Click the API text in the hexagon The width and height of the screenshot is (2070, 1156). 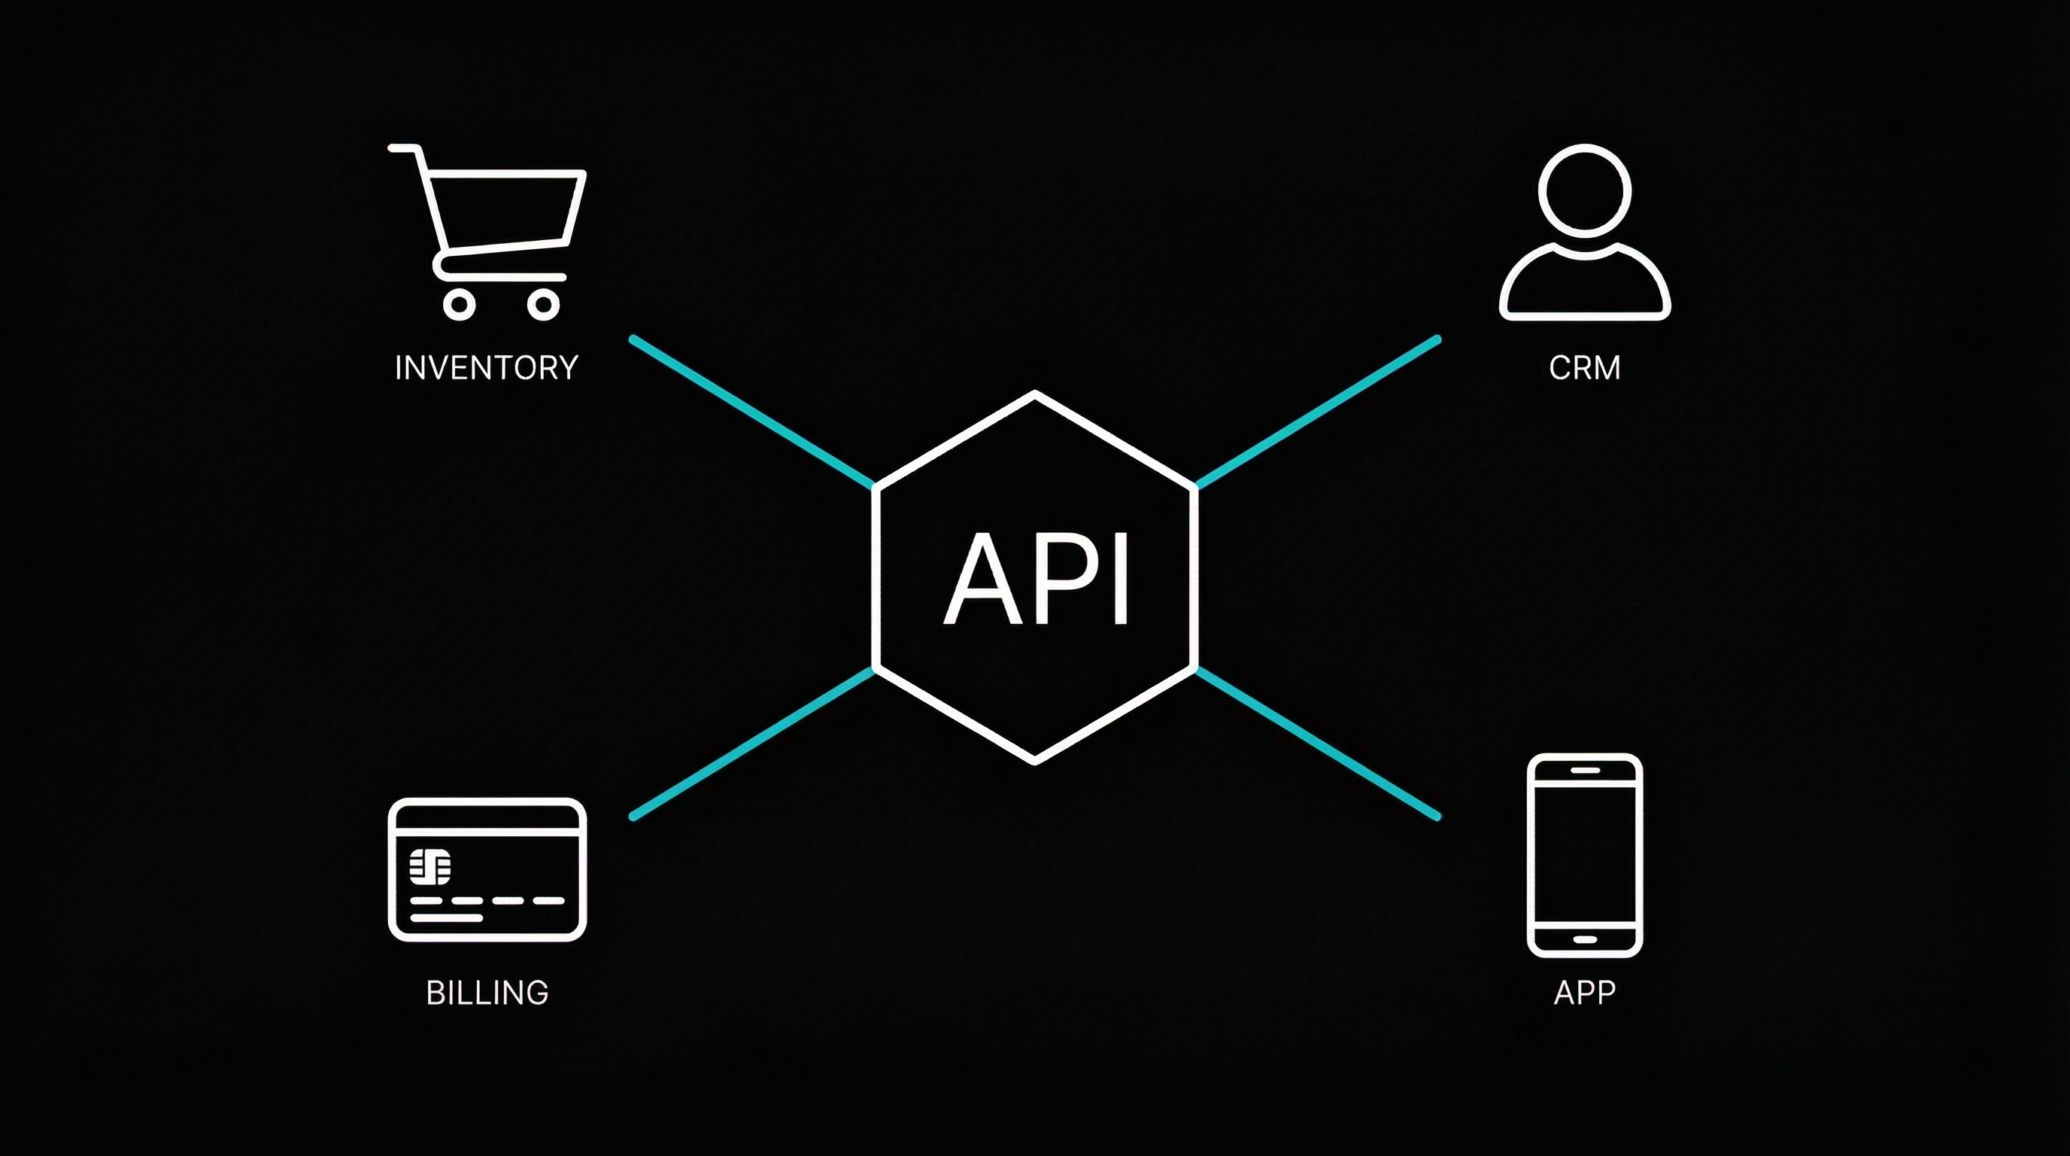coord(1037,579)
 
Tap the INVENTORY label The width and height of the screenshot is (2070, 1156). coord(486,368)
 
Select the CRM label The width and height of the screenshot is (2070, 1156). coord(1584,368)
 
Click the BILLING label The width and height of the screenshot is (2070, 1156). coord(487,993)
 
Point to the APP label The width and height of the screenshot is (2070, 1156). coord(1584,993)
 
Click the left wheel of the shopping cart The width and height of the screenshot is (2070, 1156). coord(459,305)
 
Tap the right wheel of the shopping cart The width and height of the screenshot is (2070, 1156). coord(543,305)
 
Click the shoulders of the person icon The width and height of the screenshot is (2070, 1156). coord(1584,285)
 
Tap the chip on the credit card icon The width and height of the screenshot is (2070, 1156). coord(430,865)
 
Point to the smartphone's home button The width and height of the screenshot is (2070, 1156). coord(1585,939)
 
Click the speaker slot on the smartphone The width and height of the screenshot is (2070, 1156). coord(1585,770)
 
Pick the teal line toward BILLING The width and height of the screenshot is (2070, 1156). coord(752,743)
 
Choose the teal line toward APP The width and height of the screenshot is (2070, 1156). coord(1318,743)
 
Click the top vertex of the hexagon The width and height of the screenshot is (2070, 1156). coord(1035,394)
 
